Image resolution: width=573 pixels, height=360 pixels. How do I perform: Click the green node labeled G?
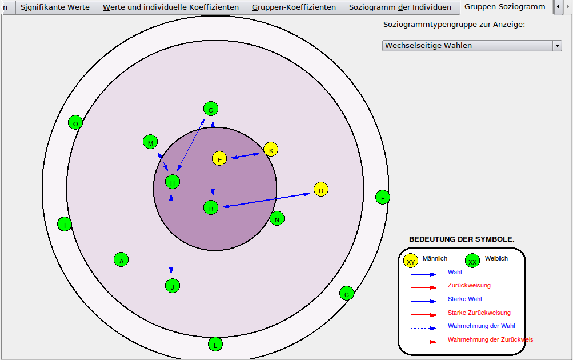211,109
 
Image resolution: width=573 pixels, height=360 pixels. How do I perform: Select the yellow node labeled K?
271,150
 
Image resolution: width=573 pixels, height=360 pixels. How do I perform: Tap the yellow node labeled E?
219,159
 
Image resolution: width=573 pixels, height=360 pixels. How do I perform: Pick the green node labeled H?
173,182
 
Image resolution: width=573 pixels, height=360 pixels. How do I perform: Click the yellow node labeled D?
321,189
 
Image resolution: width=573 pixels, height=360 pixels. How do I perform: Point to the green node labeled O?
75,122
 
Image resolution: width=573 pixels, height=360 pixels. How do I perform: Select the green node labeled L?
215,344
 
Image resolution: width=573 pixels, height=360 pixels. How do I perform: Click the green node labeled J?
173,286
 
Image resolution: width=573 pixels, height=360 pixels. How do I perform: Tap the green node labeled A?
121,260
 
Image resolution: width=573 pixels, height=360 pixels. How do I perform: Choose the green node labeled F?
383,197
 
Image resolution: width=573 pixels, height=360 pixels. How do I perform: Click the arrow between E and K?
246,155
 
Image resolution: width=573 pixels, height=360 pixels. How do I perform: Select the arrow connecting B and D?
266,200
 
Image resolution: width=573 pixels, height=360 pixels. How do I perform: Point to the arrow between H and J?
171,234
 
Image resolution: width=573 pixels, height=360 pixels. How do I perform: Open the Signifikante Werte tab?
55,7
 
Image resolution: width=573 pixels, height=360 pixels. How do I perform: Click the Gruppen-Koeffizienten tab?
294,7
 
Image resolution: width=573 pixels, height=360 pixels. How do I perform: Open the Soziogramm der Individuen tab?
400,7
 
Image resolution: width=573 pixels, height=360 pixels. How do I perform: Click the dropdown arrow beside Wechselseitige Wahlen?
557,46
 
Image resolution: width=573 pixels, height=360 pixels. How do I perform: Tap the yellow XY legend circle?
411,261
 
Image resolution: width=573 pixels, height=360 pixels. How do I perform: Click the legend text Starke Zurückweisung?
479,313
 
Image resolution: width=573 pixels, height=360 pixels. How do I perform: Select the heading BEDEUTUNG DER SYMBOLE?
462,239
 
